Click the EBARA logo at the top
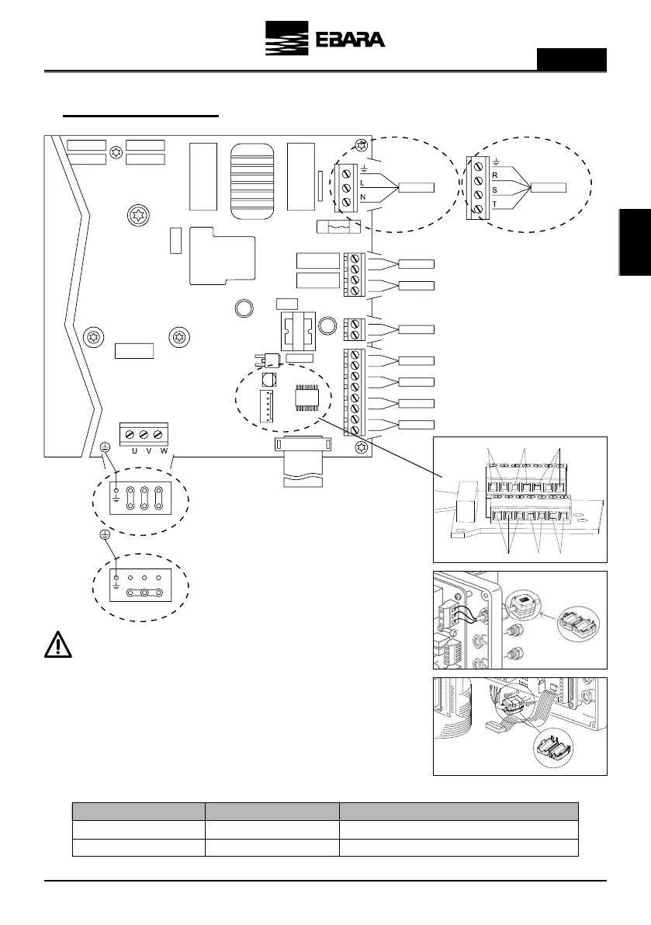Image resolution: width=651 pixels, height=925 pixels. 325,40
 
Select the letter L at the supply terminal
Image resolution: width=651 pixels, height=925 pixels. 362,183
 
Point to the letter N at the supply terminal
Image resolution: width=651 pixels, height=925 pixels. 362,197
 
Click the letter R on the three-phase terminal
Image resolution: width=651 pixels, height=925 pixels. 493,176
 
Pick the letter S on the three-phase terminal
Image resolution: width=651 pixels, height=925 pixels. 493,189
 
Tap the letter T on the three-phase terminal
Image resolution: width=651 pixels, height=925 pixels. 493,203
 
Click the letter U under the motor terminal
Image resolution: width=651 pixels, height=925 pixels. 134,450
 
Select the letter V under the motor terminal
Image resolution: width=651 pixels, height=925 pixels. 149,450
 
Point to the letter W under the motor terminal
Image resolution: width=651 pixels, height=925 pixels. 164,450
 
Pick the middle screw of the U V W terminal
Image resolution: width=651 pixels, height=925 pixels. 145,434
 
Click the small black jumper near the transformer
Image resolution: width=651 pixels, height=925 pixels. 272,360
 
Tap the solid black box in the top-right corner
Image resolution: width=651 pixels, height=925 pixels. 572,59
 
